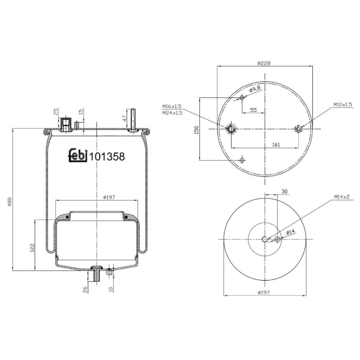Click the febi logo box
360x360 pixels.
tap(78, 155)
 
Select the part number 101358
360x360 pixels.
tap(107, 157)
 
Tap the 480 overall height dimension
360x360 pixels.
tap(10, 202)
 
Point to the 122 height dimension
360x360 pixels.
tap(32, 248)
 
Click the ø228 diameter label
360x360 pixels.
tap(264, 63)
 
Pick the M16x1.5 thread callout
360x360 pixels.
tap(172, 106)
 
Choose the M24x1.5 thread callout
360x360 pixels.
tap(172, 113)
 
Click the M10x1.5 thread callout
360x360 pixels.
tap(343, 105)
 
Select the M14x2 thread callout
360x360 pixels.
tap(342, 197)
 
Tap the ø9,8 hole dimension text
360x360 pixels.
tap(254, 89)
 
